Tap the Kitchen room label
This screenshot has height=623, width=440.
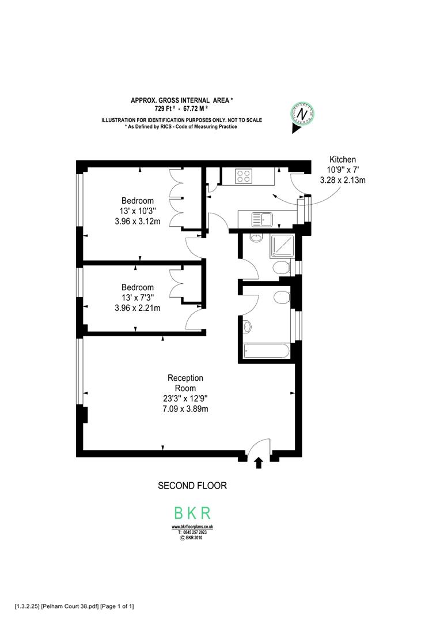[x=343, y=160]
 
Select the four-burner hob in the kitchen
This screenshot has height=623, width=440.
[x=243, y=176]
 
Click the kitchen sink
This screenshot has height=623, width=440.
[x=260, y=220]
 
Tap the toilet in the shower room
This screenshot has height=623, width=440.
[x=280, y=267]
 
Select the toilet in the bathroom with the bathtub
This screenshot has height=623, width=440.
[x=281, y=297]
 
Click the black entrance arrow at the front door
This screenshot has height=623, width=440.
[x=258, y=461]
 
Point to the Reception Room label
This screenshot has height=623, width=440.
[x=185, y=383]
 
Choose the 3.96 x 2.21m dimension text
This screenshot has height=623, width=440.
[x=137, y=308]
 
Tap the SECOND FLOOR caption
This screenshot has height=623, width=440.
[x=192, y=486]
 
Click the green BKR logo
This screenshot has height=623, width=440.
[x=192, y=513]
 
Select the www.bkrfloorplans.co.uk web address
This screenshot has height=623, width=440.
[x=192, y=527]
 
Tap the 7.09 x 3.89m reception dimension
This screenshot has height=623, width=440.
[x=185, y=409]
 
